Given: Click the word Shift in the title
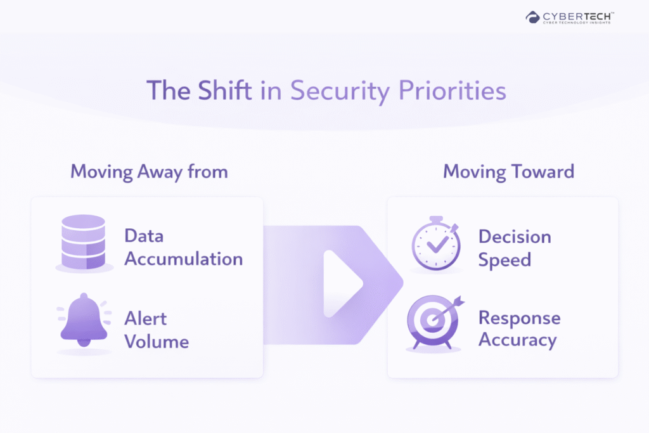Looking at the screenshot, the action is [225, 90].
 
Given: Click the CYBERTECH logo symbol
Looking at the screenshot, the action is [532, 17].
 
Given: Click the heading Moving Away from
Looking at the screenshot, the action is [149, 172].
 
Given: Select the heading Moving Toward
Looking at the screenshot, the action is [509, 171].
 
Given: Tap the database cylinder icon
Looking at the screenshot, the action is [84, 242].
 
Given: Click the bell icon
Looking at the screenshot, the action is [84, 320].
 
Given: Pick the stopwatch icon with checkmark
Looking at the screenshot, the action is [436, 244].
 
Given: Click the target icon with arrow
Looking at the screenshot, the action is [435, 323].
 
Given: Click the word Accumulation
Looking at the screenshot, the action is [184, 259].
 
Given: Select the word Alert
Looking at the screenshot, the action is [146, 319].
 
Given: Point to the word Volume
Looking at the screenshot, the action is [157, 342].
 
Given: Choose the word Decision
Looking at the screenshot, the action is [515, 236].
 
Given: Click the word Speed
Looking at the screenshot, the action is [504, 261].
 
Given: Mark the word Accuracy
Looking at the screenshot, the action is [518, 340].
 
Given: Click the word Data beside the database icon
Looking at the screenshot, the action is [144, 236].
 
